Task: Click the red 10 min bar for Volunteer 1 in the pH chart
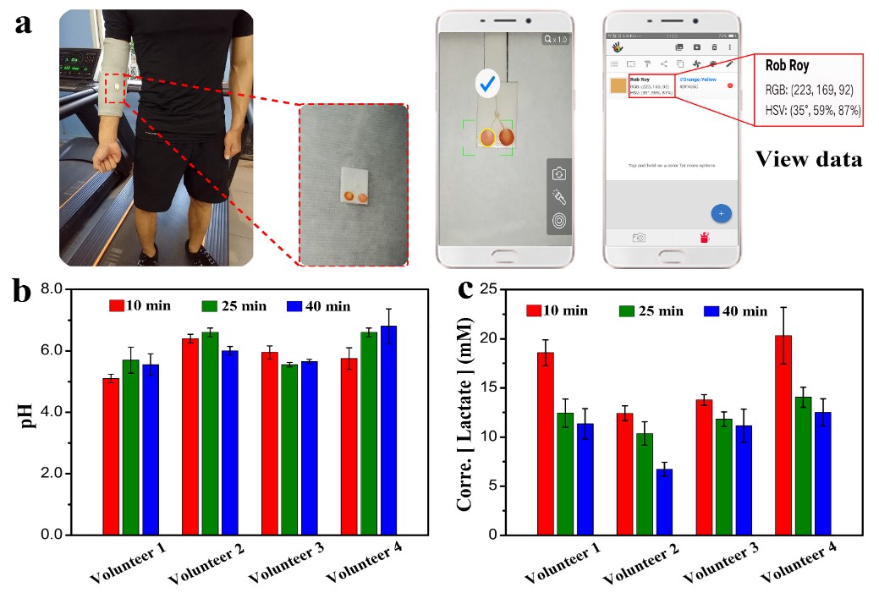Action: pyautogui.click(x=111, y=456)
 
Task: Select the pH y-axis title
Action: pyautogui.click(x=30, y=413)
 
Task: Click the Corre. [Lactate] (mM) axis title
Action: pyautogui.click(x=464, y=415)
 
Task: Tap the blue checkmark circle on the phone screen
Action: pyautogui.click(x=486, y=83)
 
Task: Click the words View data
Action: pyautogui.click(x=810, y=158)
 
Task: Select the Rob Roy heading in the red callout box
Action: pyautogui.click(x=788, y=64)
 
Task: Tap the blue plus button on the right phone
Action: pyautogui.click(x=721, y=214)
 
